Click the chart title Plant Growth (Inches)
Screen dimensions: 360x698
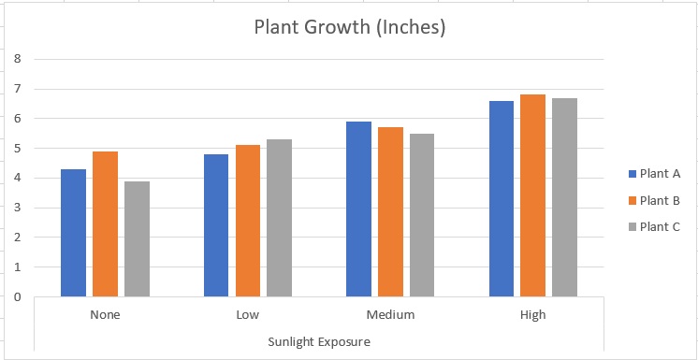tap(350, 27)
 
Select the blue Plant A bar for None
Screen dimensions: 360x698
tap(73, 233)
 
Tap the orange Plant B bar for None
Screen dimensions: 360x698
tap(105, 224)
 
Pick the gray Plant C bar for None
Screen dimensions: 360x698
tap(137, 239)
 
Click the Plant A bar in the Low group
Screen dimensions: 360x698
tap(216, 225)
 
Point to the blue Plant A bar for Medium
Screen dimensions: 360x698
tap(358, 209)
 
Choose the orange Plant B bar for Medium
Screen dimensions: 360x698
tap(390, 212)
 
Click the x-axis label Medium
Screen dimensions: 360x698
tap(390, 315)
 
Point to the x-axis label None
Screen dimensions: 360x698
tap(105, 315)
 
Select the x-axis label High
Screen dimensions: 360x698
tap(532, 315)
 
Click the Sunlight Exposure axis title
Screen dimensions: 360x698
tap(319, 341)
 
